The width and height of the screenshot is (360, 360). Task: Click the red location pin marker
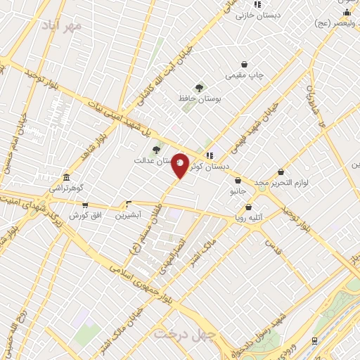pos(180,165)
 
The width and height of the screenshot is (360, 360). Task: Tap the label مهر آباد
pos(63,25)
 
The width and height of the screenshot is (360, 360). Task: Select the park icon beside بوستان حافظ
pos(200,88)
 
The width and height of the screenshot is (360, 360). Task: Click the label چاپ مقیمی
pos(244,74)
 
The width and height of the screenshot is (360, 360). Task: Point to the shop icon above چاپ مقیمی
pos(244,64)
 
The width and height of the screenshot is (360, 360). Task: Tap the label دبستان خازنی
pos(258,14)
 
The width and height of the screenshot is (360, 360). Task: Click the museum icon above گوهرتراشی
pos(66,177)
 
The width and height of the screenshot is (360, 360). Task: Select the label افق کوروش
pos(84,214)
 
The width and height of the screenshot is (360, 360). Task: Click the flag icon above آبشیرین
pos(129,202)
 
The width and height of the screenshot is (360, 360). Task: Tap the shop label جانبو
pos(238,191)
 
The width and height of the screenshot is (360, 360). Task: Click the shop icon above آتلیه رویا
pos(248,207)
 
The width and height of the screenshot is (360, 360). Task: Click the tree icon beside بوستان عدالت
pos(156,149)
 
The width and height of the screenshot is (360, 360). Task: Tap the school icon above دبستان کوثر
pos(209,155)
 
